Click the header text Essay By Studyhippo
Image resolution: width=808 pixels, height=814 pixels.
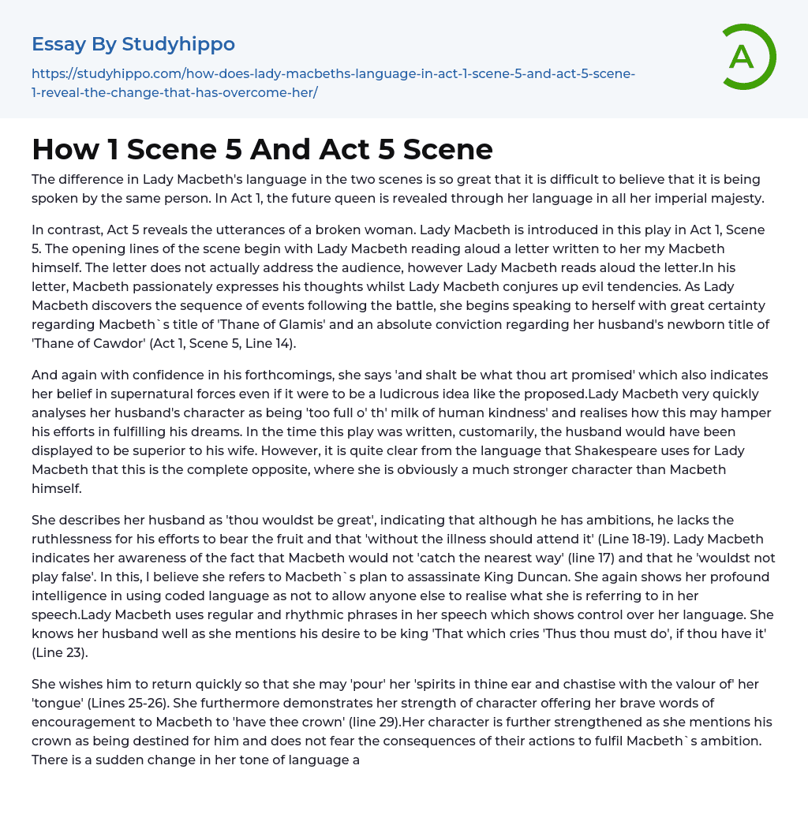point(133,43)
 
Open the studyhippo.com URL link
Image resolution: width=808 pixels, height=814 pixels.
point(333,83)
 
